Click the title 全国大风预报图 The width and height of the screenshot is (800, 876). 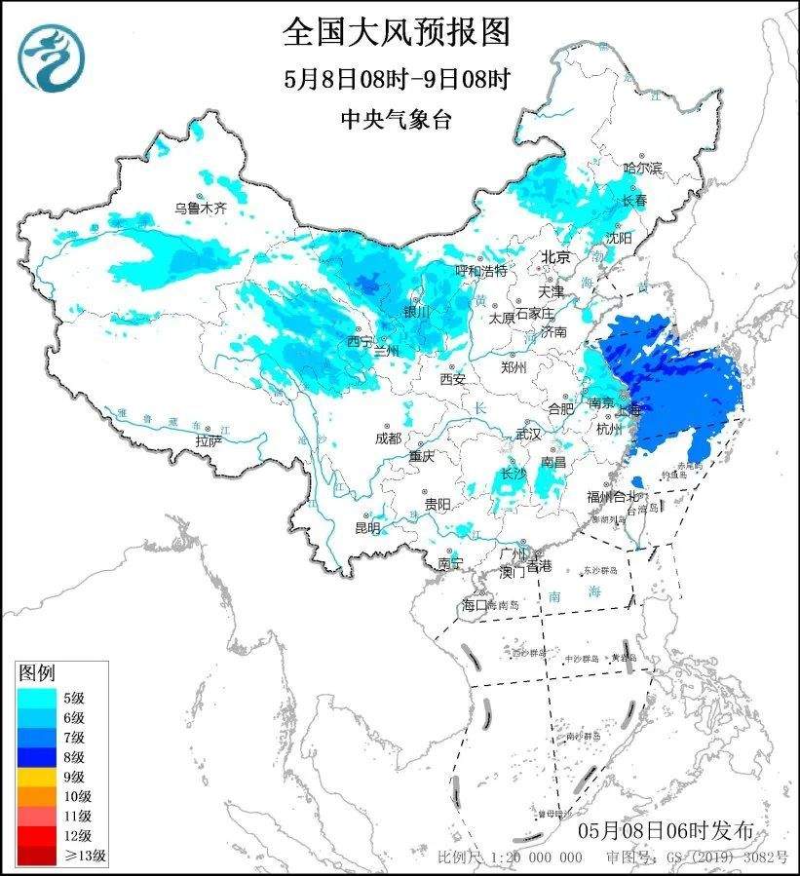[x=397, y=33]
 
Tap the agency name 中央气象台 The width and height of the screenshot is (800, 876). [x=397, y=119]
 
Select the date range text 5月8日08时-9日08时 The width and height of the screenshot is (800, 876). [x=397, y=79]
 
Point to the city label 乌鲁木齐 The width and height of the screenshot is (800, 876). [x=201, y=208]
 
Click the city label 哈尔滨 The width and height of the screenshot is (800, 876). [x=642, y=169]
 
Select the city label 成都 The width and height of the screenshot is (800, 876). [x=386, y=438]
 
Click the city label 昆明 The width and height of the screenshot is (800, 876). [x=367, y=527]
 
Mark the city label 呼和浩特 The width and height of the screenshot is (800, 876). [x=482, y=270]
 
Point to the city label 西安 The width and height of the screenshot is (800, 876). [x=453, y=378]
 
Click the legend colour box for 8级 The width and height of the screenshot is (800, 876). [x=34, y=756]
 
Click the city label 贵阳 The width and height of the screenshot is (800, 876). [x=438, y=504]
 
